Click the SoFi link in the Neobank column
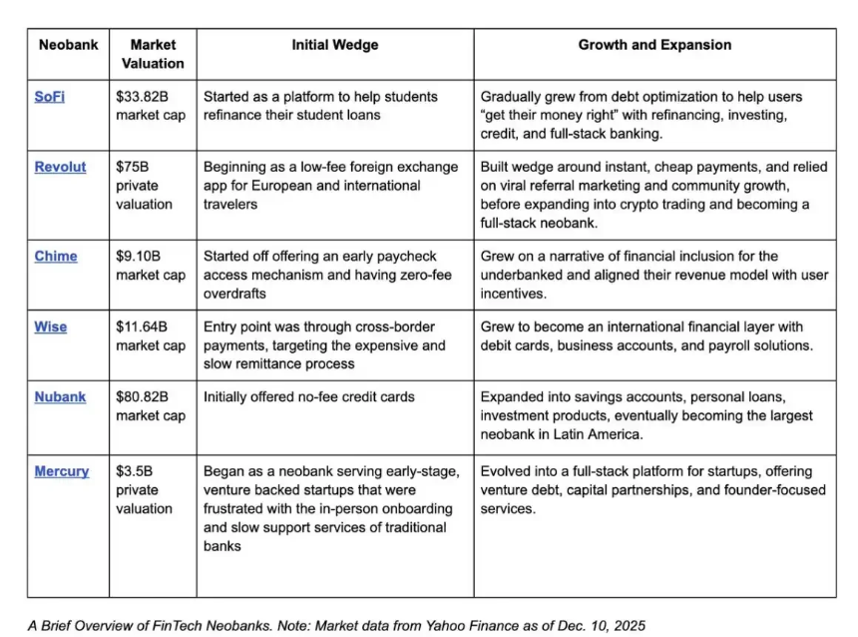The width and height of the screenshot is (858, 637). pyautogui.click(x=50, y=97)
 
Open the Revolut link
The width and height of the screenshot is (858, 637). pyautogui.click(x=61, y=167)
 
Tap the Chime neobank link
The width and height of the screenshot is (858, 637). pyautogui.click(x=56, y=257)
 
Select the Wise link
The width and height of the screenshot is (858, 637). pyautogui.click(x=51, y=326)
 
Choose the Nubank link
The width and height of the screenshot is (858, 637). pyautogui.click(x=60, y=396)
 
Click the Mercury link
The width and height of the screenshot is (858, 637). pyautogui.click(x=62, y=471)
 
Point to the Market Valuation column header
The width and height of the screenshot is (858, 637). pyautogui.click(x=153, y=54)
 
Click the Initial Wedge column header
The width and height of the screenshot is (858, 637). pyautogui.click(x=334, y=45)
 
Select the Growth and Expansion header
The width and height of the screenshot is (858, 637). pyautogui.click(x=654, y=45)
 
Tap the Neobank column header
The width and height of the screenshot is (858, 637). pyautogui.click(x=66, y=45)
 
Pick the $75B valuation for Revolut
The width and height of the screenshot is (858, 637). pyautogui.click(x=133, y=167)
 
